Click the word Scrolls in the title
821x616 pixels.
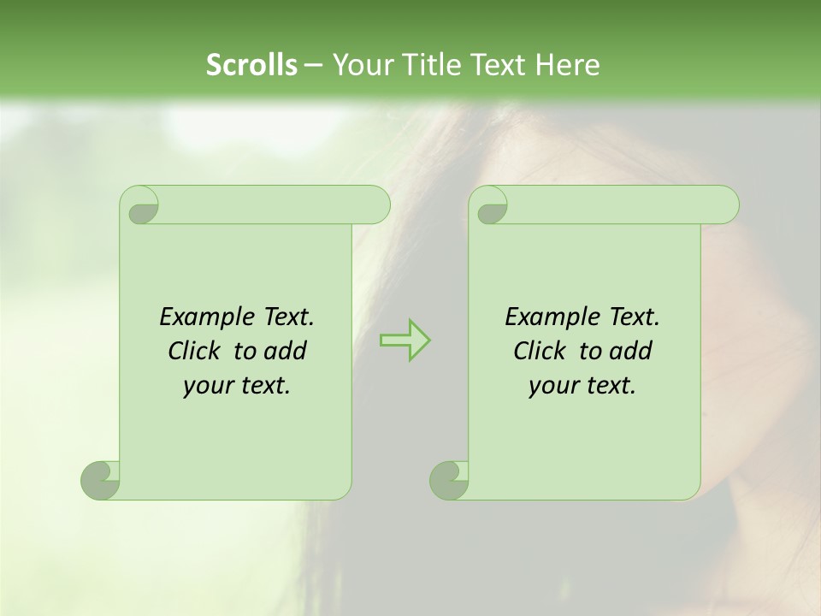tap(251, 65)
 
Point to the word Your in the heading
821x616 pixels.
tap(359, 65)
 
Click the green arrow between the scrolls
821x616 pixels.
tap(405, 341)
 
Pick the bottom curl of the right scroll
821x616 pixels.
tap(449, 479)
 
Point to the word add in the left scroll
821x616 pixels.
tap(285, 351)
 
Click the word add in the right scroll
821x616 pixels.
tap(630, 351)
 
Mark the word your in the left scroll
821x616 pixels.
tap(208, 386)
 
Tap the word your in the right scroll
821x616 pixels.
tap(553, 386)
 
